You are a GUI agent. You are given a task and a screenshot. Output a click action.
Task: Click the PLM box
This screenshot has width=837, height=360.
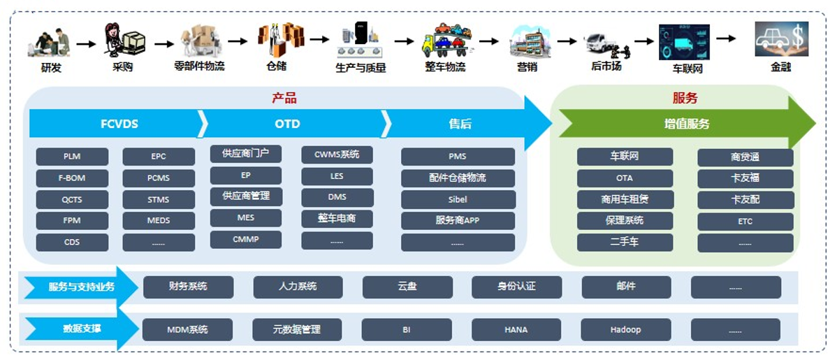(x=72, y=157)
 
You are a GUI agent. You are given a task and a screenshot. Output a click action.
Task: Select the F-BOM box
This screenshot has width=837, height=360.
(x=72, y=178)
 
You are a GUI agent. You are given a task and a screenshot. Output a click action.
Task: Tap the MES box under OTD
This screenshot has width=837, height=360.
(x=245, y=218)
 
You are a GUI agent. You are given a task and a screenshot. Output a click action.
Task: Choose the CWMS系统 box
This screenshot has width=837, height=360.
(x=337, y=155)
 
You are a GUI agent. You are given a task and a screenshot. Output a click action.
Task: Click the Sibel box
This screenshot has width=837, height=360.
(x=458, y=199)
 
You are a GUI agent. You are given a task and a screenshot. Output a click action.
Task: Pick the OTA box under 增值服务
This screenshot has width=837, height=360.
(x=625, y=178)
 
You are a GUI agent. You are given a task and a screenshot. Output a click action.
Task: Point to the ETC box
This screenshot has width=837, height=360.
(x=745, y=221)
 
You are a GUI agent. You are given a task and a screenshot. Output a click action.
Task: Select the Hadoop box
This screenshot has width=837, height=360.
(x=625, y=329)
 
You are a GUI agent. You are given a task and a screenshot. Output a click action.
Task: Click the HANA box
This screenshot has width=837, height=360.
(x=516, y=329)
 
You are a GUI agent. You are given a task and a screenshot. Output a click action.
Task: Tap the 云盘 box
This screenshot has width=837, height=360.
(x=407, y=287)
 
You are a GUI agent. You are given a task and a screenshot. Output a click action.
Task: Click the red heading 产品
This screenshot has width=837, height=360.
(x=284, y=99)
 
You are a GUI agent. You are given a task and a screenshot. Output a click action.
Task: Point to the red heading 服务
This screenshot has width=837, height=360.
(x=685, y=99)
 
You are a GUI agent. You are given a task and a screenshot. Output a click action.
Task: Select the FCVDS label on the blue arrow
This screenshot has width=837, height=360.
(x=119, y=124)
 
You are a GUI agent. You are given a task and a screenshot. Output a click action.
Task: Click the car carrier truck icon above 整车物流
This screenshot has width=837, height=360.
(x=444, y=40)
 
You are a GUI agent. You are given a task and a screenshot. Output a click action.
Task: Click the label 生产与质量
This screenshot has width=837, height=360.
(x=361, y=68)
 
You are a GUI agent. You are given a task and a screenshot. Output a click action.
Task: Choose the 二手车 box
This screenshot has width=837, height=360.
(x=625, y=243)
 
